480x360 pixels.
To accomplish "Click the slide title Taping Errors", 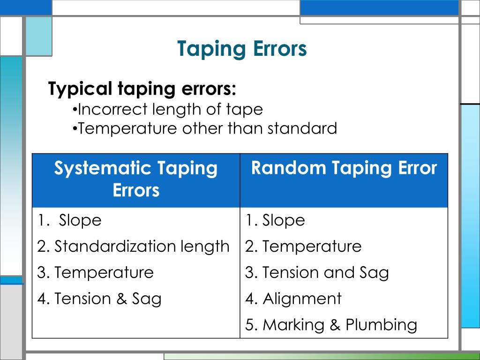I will pyautogui.click(x=242, y=49).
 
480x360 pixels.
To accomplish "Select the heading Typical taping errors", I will pyautogui.click(x=142, y=88).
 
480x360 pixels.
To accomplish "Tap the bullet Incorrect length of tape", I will pyautogui.click(x=168, y=109).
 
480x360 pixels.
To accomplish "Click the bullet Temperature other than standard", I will pyautogui.click(x=205, y=128).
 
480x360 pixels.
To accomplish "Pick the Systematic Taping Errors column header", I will pyautogui.click(x=136, y=179).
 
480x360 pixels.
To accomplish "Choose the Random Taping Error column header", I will pyautogui.click(x=344, y=168).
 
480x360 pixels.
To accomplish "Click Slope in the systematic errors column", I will pyautogui.click(x=80, y=220).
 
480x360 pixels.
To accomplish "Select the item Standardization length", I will pyautogui.click(x=134, y=246).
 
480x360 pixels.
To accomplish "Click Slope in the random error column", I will pyautogui.click(x=283, y=220).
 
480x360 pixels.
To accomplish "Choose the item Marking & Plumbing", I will pyautogui.click(x=331, y=325).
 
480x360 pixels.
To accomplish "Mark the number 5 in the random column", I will pyautogui.click(x=249, y=325).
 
